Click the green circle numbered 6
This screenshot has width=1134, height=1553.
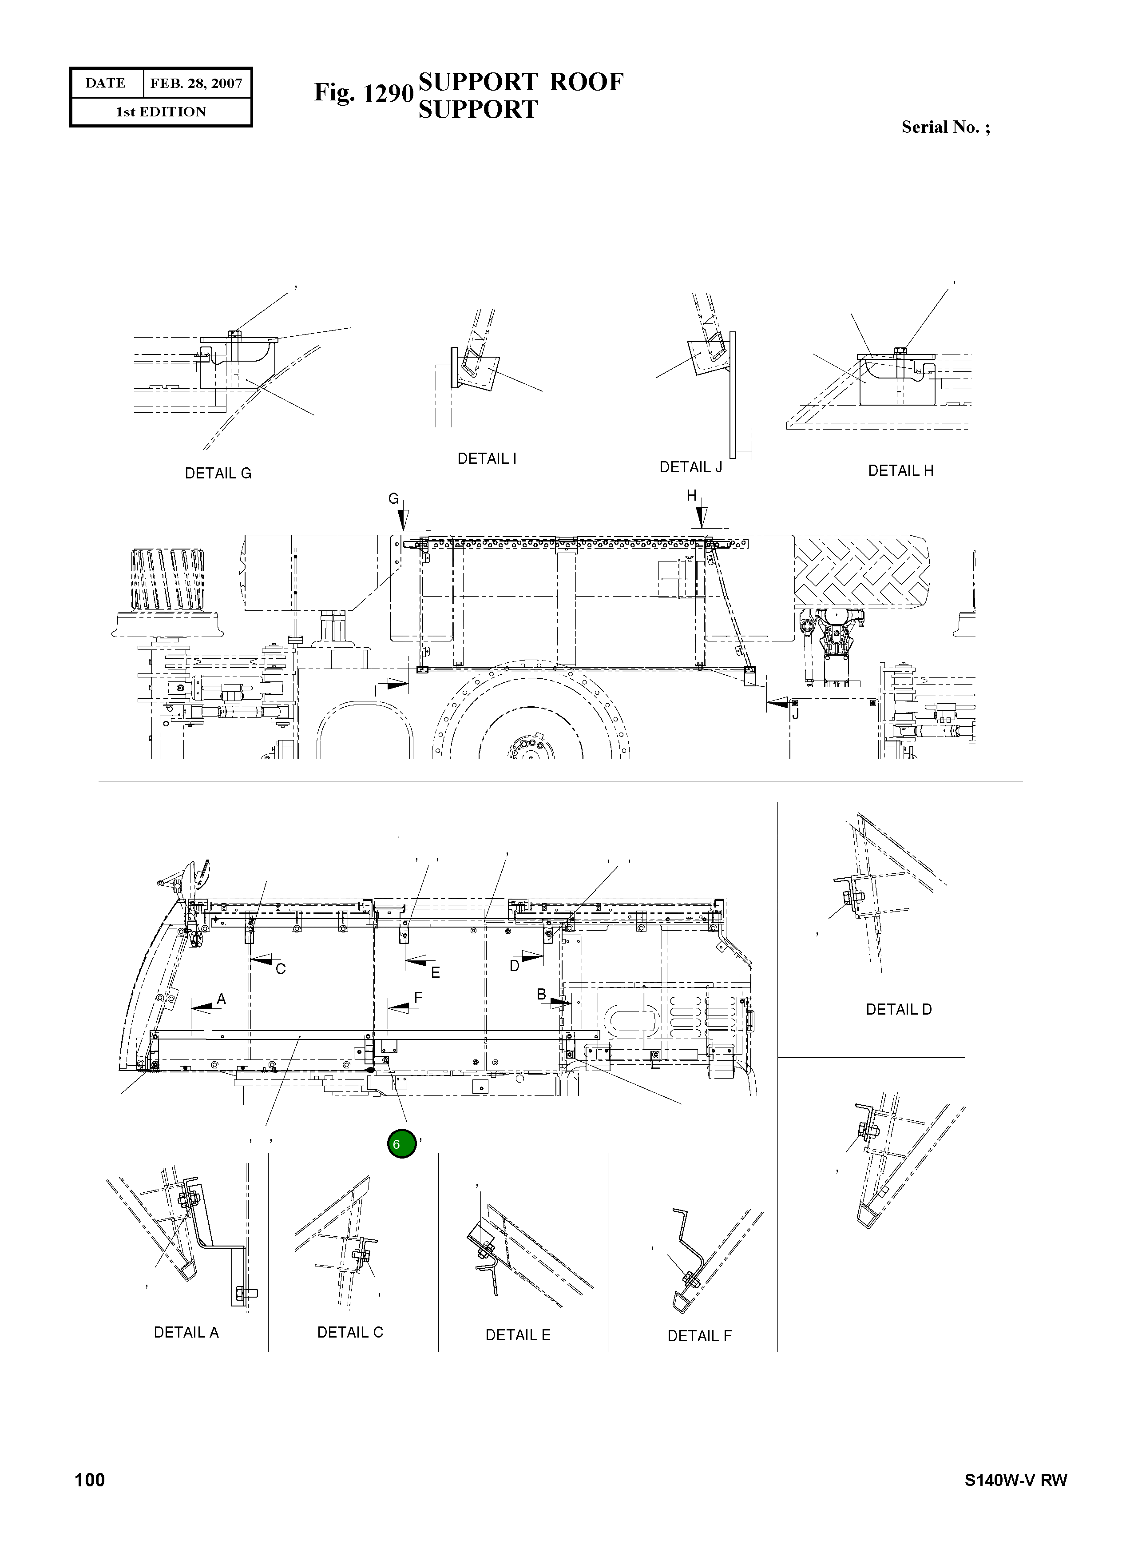pos(401,1143)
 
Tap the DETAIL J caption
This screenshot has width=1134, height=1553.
pos(690,467)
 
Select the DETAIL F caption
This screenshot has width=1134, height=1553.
pos(699,1335)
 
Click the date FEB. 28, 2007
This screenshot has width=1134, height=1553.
pos(196,84)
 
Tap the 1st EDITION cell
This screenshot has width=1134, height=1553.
pos(161,112)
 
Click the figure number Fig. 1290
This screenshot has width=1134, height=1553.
pos(363,93)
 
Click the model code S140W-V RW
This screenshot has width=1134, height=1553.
pos(1015,1480)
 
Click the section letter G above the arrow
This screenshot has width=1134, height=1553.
pos(393,499)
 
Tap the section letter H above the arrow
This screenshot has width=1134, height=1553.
pos(691,496)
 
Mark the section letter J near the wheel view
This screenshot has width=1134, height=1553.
pos(795,714)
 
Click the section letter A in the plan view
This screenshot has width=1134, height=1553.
pos(221,999)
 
